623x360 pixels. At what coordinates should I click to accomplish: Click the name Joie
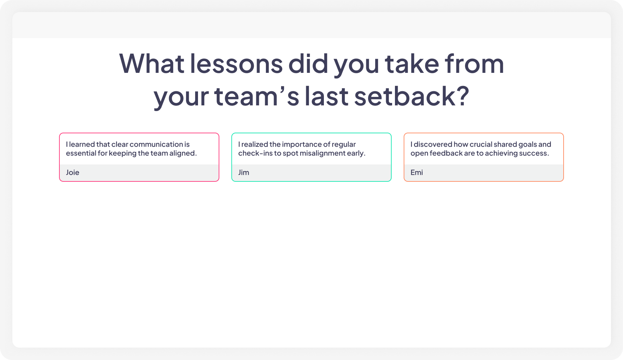(x=72, y=173)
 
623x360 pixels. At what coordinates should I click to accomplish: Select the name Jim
(x=244, y=173)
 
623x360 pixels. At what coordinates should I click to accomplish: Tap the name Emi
(x=417, y=173)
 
